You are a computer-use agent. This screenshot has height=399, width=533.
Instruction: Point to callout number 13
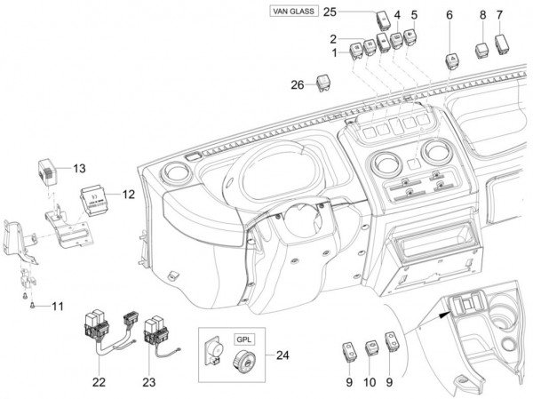79,168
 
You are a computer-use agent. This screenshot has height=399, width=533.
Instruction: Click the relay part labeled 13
48,167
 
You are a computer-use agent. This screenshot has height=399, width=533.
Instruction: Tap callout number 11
57,307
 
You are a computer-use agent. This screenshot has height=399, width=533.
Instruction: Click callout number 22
98,382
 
